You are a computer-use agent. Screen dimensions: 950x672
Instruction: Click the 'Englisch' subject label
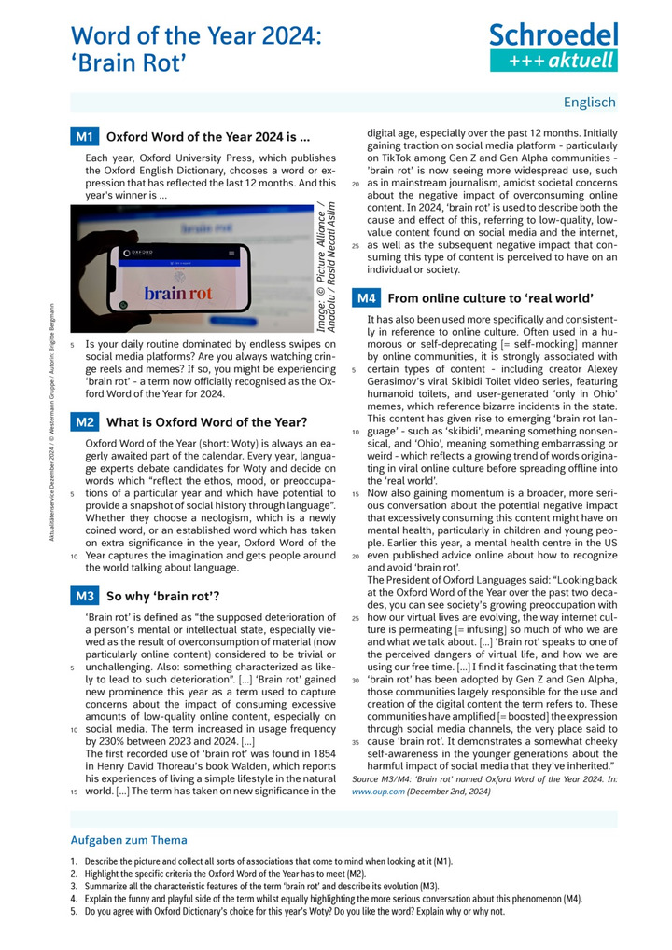(590, 103)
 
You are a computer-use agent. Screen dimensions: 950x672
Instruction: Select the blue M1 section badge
(84, 138)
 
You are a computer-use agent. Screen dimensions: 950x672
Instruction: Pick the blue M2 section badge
(84, 421)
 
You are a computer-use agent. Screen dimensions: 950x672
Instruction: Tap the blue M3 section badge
(84, 595)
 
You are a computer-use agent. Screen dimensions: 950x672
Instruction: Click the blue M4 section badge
(366, 298)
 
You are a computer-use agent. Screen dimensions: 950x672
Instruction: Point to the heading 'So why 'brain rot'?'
(163, 595)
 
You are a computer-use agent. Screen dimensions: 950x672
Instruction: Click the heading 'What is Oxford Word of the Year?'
(206, 421)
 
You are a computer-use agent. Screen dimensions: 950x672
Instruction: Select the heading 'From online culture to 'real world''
(490, 298)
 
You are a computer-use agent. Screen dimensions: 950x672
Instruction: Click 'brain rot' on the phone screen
(178, 293)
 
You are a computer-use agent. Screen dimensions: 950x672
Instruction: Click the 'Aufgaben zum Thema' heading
(129, 840)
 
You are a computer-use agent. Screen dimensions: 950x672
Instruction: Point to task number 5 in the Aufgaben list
(73, 911)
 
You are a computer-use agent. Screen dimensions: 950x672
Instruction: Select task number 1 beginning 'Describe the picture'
(73, 861)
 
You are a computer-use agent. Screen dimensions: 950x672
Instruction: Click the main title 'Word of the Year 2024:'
(197, 36)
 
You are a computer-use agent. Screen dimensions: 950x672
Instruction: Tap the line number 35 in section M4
(356, 744)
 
